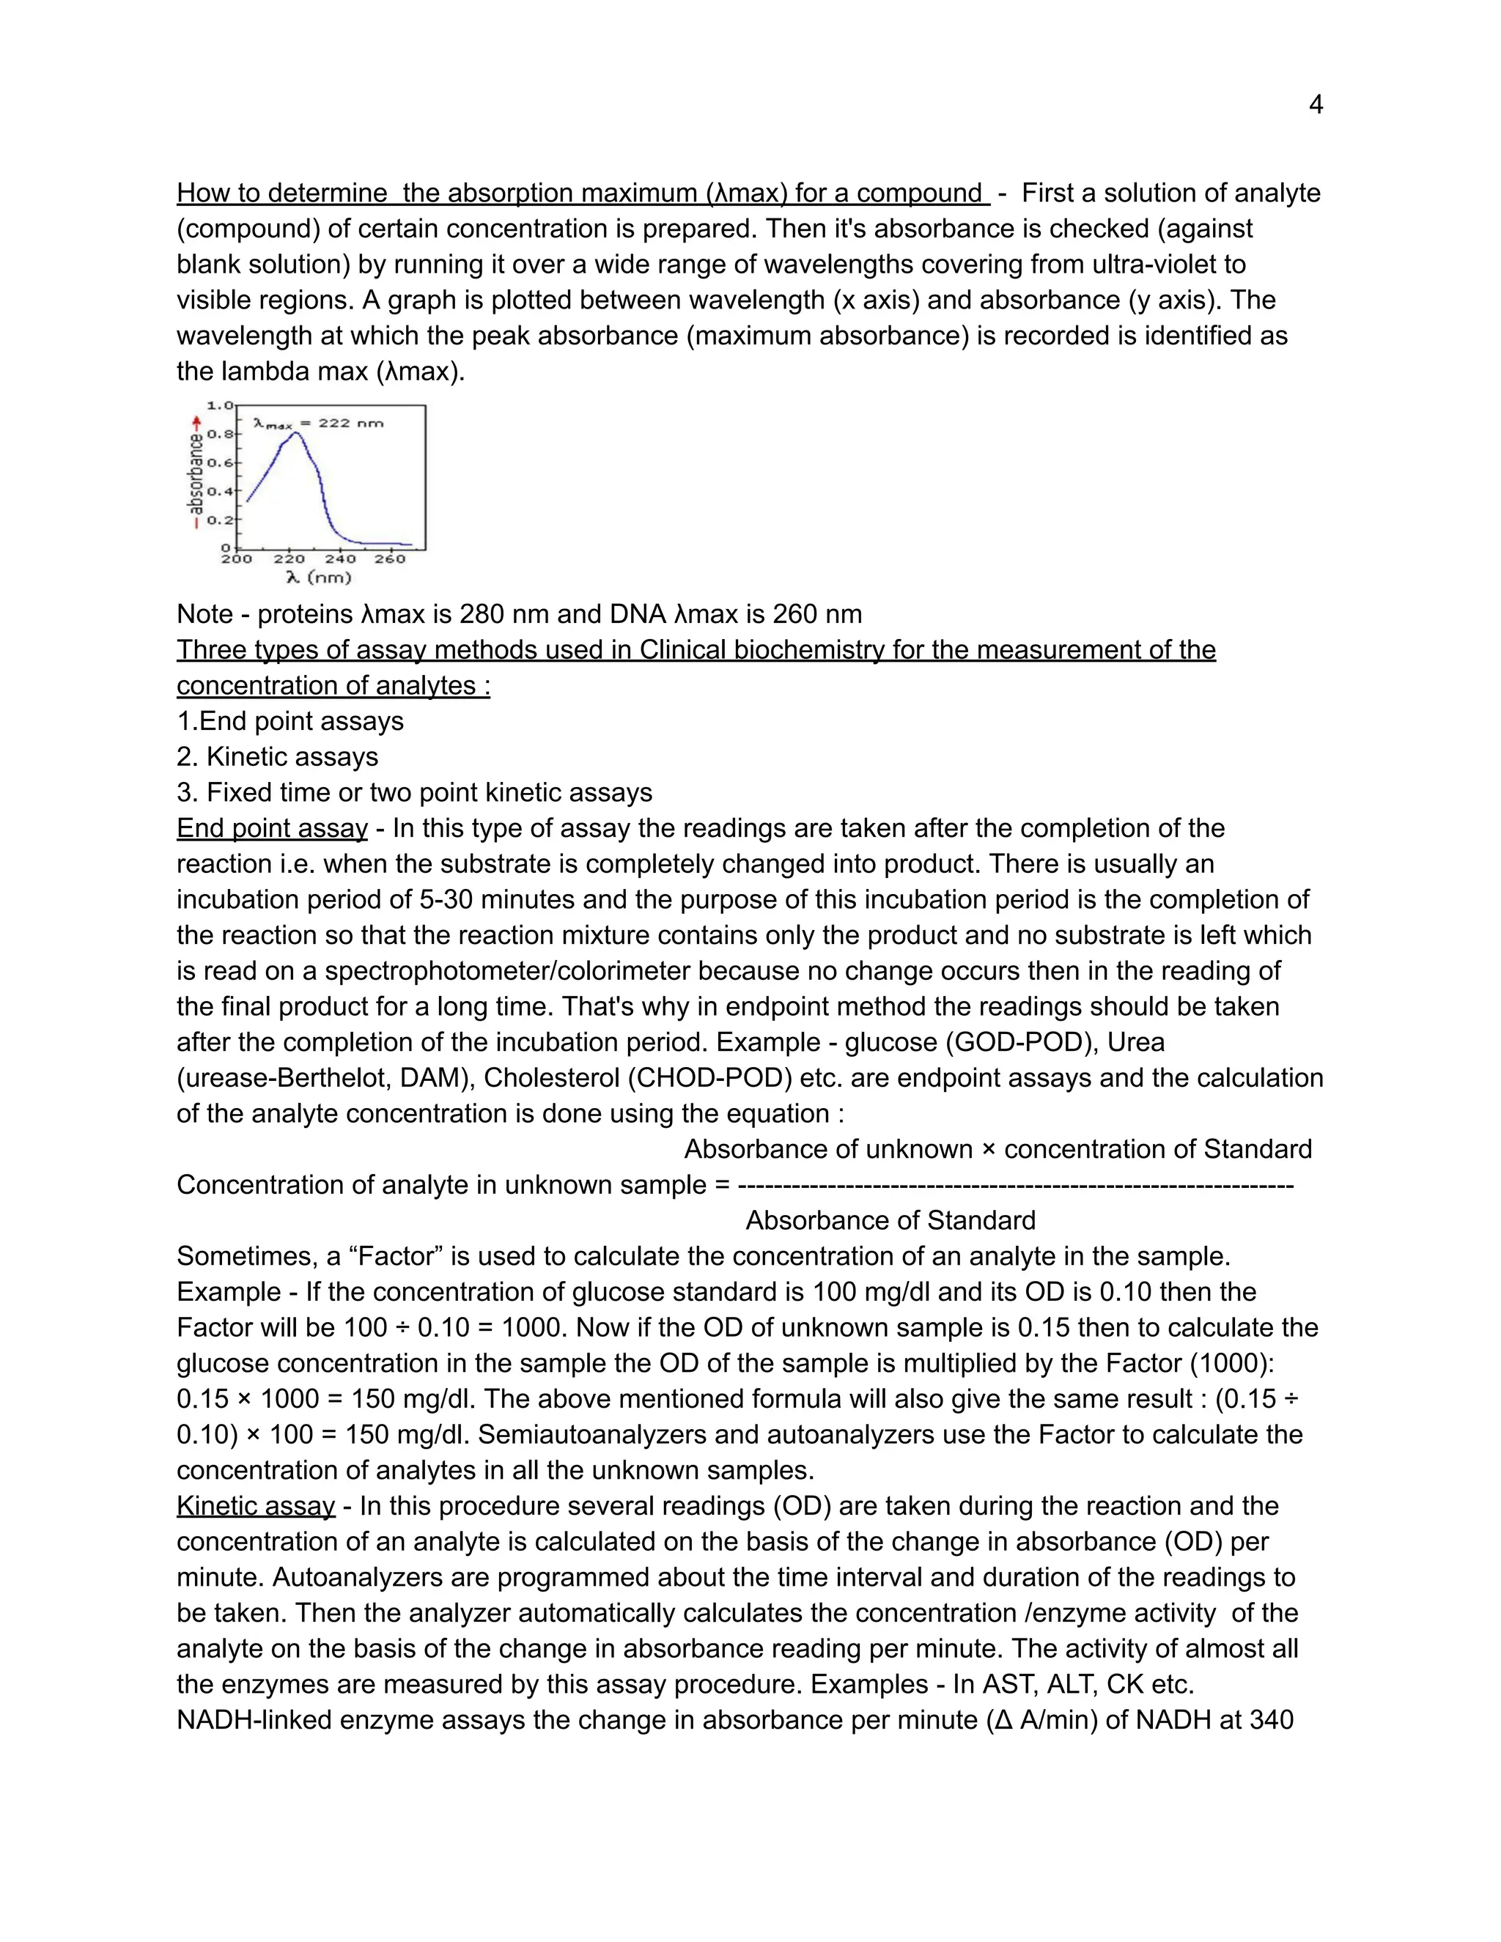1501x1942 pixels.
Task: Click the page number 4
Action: click(x=1315, y=106)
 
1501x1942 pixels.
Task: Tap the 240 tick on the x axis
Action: click(x=339, y=558)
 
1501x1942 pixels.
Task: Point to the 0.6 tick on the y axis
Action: click(x=220, y=462)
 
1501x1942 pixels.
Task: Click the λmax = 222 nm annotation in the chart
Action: click(x=317, y=424)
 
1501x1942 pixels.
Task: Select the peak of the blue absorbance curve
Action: click(x=298, y=433)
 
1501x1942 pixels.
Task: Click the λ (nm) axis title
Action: click(x=318, y=577)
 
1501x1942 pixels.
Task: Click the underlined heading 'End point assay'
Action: click(x=271, y=828)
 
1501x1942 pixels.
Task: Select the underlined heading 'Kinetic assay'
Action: click(x=255, y=1505)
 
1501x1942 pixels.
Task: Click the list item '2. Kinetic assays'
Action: click(x=278, y=757)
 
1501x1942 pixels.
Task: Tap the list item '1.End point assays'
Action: click(x=290, y=721)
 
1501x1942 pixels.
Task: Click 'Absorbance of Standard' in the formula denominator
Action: click(x=890, y=1220)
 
